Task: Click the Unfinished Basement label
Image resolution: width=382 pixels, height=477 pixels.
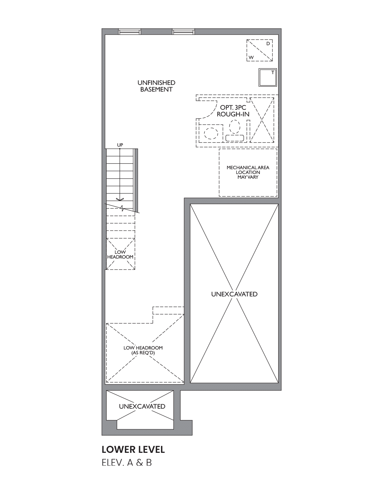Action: coord(156,86)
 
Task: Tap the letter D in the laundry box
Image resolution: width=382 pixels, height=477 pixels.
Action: coord(268,44)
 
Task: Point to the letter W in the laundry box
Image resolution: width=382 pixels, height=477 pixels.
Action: coord(251,58)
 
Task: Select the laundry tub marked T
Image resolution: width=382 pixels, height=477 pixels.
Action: coord(267,77)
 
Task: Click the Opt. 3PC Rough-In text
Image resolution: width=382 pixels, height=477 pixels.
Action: coord(233,111)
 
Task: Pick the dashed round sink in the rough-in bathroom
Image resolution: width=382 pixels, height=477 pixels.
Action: coord(211,134)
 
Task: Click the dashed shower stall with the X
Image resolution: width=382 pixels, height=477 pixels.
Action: coord(262,120)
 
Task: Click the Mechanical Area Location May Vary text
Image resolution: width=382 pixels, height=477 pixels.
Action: coord(248,172)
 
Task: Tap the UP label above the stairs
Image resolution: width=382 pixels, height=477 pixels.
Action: coord(120,145)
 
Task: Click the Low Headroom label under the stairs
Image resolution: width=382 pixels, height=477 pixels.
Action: coord(120,254)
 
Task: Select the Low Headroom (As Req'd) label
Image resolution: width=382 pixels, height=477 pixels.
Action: coord(143,350)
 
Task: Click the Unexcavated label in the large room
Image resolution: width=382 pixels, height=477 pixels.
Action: coord(234,294)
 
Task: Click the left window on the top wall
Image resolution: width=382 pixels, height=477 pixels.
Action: coord(130,32)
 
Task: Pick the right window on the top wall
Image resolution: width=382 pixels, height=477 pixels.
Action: coord(183,32)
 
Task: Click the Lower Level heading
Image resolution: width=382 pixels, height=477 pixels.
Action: coord(133,450)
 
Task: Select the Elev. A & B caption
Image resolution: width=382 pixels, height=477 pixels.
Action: coord(127,463)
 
